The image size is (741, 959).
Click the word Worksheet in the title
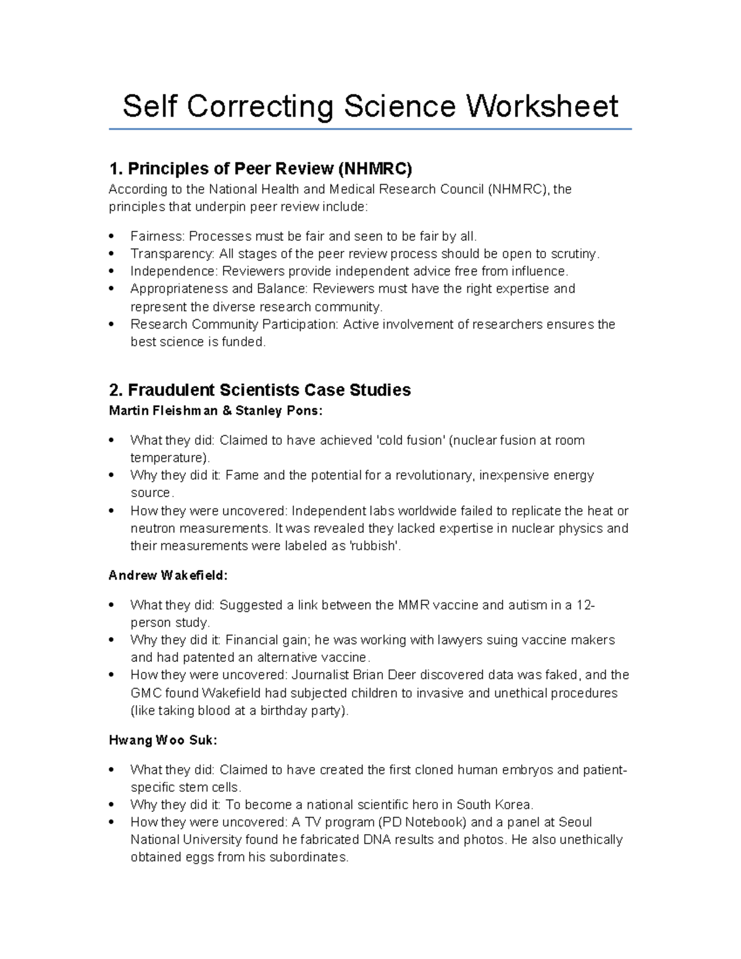click(542, 106)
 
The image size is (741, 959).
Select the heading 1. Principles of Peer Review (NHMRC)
click(260, 169)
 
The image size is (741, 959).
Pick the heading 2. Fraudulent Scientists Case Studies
click(259, 390)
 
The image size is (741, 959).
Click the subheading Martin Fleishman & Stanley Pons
click(216, 410)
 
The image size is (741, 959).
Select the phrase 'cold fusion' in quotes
click(409, 440)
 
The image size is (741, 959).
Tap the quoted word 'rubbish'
click(375, 546)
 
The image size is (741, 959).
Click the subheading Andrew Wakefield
click(168, 576)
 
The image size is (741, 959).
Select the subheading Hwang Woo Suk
click(163, 740)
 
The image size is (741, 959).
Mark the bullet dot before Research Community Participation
click(112, 324)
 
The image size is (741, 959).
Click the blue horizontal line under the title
click(370, 129)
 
